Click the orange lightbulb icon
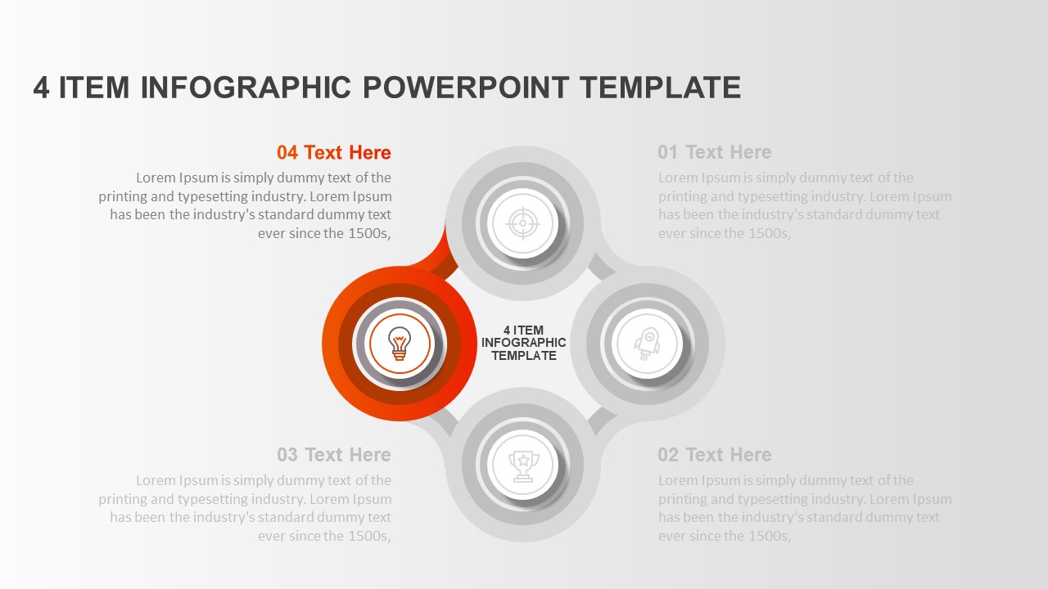399,344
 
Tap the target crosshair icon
522,222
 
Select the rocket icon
646,344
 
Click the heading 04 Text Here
334,152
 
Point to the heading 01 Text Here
714,152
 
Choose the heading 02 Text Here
714,455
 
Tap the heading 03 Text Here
334,455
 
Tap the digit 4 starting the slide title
41,87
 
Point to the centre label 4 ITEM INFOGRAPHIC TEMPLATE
523,344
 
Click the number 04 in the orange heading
287,152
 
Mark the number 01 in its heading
668,152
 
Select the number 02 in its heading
668,455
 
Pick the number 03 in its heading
287,455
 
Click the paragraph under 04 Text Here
246,205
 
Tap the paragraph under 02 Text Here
805,508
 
